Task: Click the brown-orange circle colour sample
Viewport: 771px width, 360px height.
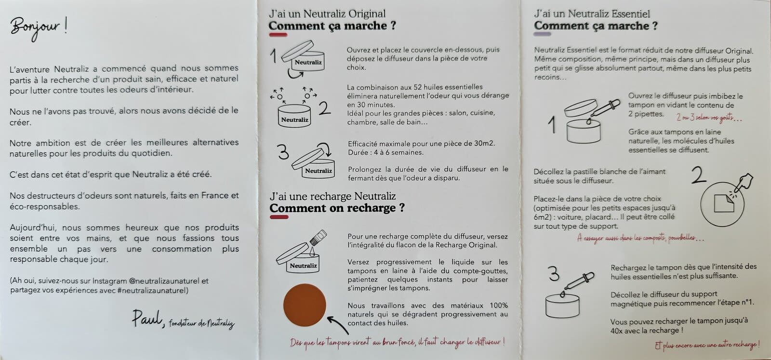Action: pos(305,305)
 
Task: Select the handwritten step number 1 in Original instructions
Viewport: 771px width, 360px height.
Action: pos(273,56)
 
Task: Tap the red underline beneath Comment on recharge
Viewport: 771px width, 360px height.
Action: pos(279,217)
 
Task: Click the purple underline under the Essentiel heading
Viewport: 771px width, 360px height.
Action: pos(543,35)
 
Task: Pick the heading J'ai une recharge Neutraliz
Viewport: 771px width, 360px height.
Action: pos(332,196)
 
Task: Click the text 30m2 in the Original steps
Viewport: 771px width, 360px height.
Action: pos(483,144)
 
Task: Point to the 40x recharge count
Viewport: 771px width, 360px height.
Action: pos(617,331)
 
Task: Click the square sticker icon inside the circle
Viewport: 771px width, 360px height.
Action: pos(723,202)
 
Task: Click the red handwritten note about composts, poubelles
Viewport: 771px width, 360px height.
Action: pos(640,238)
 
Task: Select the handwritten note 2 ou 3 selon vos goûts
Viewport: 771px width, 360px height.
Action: pos(708,118)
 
